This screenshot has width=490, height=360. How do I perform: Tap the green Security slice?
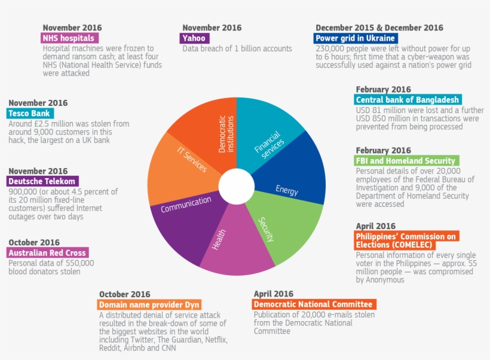[x=272, y=230]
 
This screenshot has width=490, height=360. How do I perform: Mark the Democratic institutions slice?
[x=209, y=129]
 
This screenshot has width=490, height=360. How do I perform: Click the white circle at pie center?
[x=237, y=187]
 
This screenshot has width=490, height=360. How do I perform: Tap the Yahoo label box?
[x=195, y=38]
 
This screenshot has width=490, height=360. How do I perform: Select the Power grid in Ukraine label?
[x=356, y=38]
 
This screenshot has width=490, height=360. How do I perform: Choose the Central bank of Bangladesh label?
[x=408, y=100]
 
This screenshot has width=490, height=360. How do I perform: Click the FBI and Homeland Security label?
[x=407, y=160]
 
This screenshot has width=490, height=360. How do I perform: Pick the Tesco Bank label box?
[x=30, y=113]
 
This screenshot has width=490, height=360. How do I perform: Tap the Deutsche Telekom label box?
[x=43, y=181]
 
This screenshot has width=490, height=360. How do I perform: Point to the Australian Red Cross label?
[x=48, y=252]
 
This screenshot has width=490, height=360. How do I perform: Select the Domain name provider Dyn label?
[x=149, y=304]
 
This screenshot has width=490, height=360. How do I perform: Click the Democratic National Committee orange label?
[x=314, y=304]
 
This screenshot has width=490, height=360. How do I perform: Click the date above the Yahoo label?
[x=212, y=28]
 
